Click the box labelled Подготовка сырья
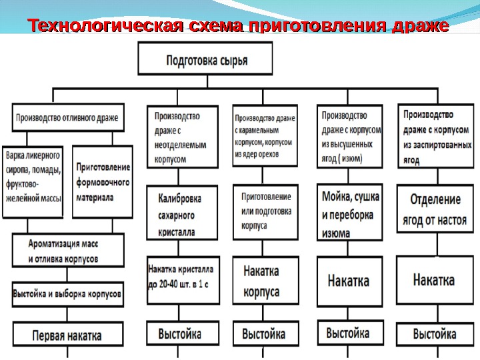[206, 59]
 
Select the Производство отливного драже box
[67, 118]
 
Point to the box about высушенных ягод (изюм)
[351, 137]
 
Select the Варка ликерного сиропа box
[33, 181]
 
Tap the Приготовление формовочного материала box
[103, 181]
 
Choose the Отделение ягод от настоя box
[437, 211]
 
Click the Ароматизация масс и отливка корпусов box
[67, 250]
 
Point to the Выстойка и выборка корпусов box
[67, 293]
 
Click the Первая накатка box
[67, 335]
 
